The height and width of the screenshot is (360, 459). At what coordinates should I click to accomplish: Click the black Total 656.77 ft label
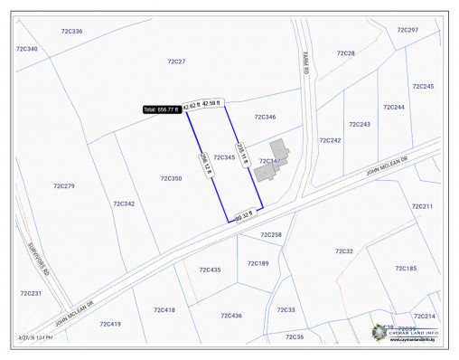pos(162,109)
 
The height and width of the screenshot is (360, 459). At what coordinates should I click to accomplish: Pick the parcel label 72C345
pos(224,157)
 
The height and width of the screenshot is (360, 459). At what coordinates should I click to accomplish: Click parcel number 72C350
pos(172,179)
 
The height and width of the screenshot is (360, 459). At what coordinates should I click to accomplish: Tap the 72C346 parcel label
pos(265,118)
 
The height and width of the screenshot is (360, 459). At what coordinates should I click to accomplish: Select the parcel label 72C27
pos(176,62)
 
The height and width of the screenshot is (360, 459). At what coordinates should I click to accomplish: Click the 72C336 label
pos(71,32)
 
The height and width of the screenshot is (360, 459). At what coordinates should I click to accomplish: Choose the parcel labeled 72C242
pos(330,140)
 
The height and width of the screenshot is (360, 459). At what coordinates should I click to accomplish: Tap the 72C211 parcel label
pos(422,206)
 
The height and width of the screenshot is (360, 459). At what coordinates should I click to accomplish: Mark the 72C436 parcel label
pos(231,316)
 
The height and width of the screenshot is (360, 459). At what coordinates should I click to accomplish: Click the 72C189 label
pos(258,263)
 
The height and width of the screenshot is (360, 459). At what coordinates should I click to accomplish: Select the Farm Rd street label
pos(306,65)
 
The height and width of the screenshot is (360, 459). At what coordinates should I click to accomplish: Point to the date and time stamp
pos(34,337)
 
